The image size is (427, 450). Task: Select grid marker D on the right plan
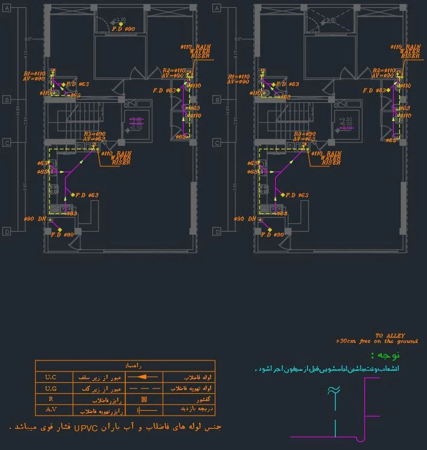point(217,231)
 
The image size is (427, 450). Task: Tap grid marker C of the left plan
point(7,143)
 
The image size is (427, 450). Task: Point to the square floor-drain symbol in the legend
point(144,399)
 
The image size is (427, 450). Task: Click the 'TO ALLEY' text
point(390,336)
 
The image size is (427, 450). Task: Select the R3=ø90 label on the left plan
point(95,134)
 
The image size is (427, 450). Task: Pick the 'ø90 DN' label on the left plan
point(34,218)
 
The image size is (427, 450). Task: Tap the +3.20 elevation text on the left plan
point(119,19)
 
